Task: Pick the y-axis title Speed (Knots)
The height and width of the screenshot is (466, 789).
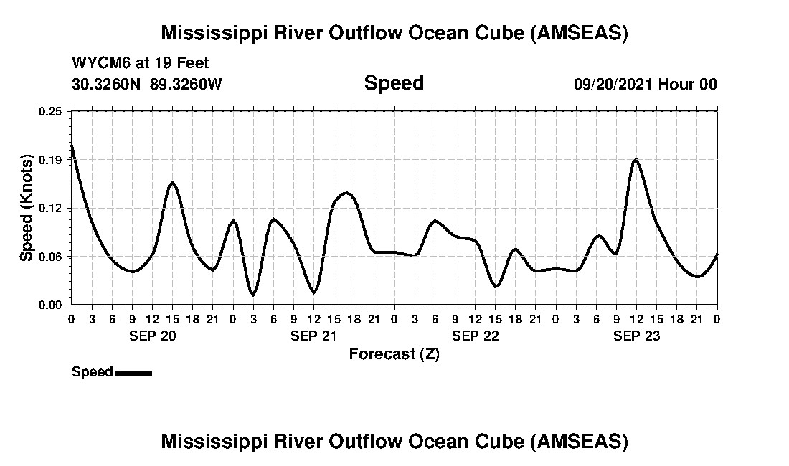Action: pos(26,207)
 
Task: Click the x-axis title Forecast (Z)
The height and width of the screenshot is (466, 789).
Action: pos(394,354)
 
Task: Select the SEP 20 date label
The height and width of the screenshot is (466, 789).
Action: pos(152,336)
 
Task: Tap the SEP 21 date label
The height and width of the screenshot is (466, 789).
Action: pos(313,336)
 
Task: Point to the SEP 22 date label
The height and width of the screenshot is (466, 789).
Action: pos(475,336)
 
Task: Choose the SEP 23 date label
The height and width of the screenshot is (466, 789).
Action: pos(636,336)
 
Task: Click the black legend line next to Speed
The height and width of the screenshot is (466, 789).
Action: pos(133,373)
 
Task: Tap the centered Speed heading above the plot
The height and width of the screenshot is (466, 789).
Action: pos(394,83)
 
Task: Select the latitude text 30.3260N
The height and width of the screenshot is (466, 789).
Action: pos(108,84)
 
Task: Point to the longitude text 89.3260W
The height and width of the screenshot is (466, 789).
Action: pos(186,84)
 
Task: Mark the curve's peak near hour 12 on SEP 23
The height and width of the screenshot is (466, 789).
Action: pos(636,159)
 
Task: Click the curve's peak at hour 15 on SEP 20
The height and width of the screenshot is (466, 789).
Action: pos(172,182)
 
